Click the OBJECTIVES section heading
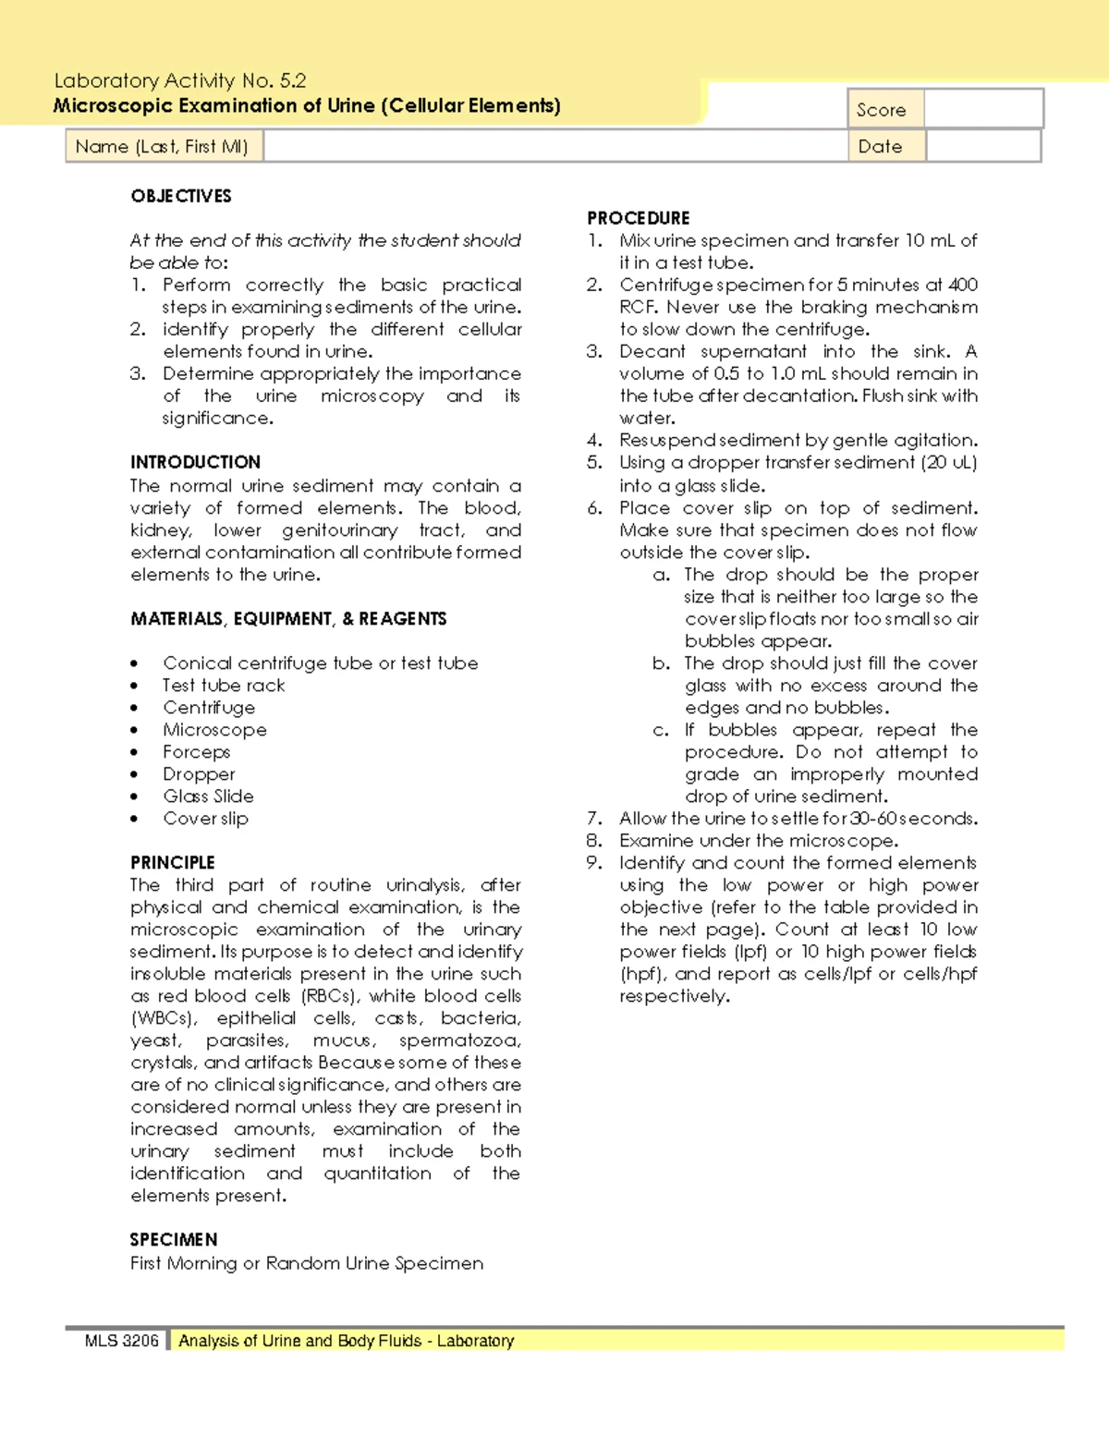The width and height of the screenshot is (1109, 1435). coord(181,196)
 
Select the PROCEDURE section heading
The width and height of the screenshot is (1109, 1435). coord(639,218)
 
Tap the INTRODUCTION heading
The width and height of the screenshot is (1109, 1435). coord(195,462)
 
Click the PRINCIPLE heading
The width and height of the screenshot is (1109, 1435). coord(173,862)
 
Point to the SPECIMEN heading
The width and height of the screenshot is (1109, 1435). coord(174,1239)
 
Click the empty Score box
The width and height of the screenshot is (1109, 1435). coord(983,109)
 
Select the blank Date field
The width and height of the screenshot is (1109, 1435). coord(983,146)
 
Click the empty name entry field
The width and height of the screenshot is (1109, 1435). coord(554,146)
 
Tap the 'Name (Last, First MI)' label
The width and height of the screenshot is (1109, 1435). coord(162,146)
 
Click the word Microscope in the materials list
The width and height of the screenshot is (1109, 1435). coord(214,730)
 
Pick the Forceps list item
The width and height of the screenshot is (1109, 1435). coord(196,752)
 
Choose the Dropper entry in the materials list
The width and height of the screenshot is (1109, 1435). coord(199,774)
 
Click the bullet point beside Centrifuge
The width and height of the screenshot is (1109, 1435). coord(135,709)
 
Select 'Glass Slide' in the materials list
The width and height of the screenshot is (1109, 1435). coord(208,797)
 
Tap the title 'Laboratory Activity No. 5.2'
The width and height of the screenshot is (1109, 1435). coord(180,80)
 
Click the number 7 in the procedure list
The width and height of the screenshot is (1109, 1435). coord(593,819)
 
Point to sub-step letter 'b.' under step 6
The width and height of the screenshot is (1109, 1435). coord(661,663)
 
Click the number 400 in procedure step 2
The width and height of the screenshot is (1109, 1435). coord(963,285)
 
